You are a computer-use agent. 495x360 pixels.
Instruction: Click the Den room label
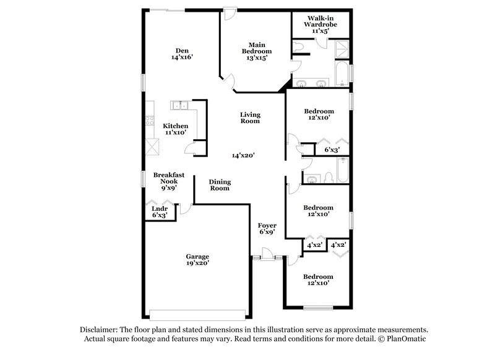[181, 51]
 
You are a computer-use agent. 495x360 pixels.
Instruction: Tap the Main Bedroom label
[257, 45]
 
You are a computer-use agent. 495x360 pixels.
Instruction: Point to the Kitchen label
[175, 126]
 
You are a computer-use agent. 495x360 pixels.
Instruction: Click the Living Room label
[251, 118]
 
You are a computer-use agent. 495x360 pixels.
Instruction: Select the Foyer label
[267, 225]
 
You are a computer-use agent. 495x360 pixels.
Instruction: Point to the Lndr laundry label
[160, 208]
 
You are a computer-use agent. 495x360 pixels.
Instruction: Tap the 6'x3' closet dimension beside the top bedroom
[332, 149]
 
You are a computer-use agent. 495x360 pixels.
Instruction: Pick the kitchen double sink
[179, 105]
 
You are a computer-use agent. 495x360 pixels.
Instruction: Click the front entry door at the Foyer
[267, 255]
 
